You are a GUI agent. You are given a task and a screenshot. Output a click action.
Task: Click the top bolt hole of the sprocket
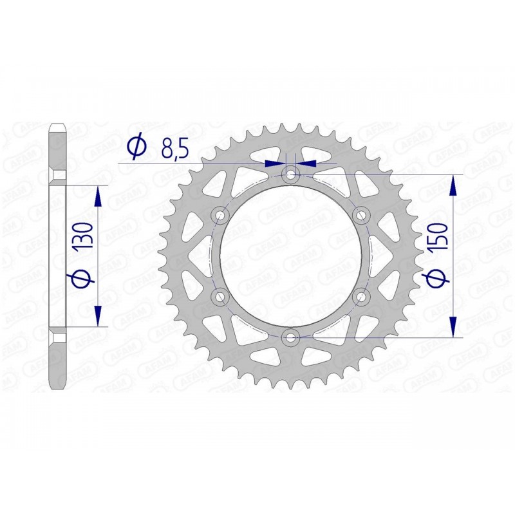click(x=291, y=174)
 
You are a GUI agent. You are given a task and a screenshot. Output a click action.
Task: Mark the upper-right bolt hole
click(x=361, y=214)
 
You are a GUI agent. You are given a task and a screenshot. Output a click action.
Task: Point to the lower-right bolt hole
click(x=361, y=295)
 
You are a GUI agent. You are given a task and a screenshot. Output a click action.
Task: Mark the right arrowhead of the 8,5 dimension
click(x=307, y=164)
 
